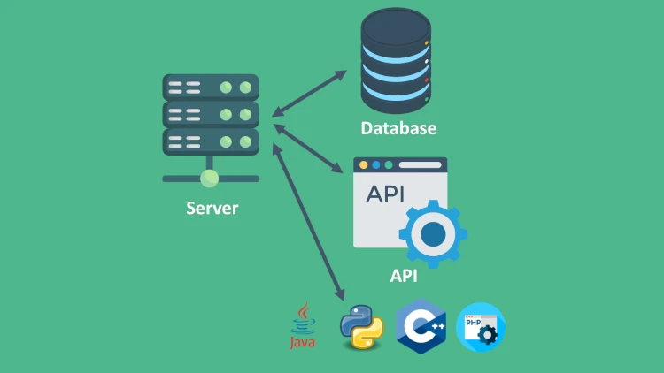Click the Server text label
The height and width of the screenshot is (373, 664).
[x=212, y=209]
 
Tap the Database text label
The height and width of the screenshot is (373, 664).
[x=398, y=128]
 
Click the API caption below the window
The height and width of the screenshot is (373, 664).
[x=404, y=275]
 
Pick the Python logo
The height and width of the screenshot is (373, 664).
[x=361, y=327]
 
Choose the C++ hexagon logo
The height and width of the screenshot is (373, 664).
[x=421, y=327]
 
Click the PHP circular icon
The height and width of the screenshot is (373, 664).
[x=481, y=327]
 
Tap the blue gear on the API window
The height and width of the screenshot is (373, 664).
[x=433, y=233]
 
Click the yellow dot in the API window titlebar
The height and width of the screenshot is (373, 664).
[x=363, y=165]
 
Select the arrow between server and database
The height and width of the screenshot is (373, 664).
[x=310, y=93]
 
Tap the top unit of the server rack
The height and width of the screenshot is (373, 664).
[x=211, y=88]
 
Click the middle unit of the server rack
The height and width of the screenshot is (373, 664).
[x=211, y=115]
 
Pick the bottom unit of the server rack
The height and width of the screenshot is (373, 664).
[x=211, y=141]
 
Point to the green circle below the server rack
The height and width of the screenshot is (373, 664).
[x=210, y=179]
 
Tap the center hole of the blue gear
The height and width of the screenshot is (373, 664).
[x=433, y=233]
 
